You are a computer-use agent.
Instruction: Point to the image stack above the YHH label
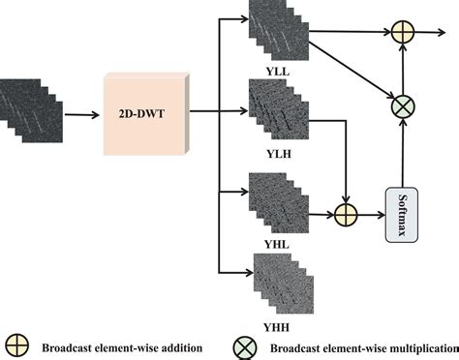(278, 280)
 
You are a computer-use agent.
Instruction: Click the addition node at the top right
(401, 32)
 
